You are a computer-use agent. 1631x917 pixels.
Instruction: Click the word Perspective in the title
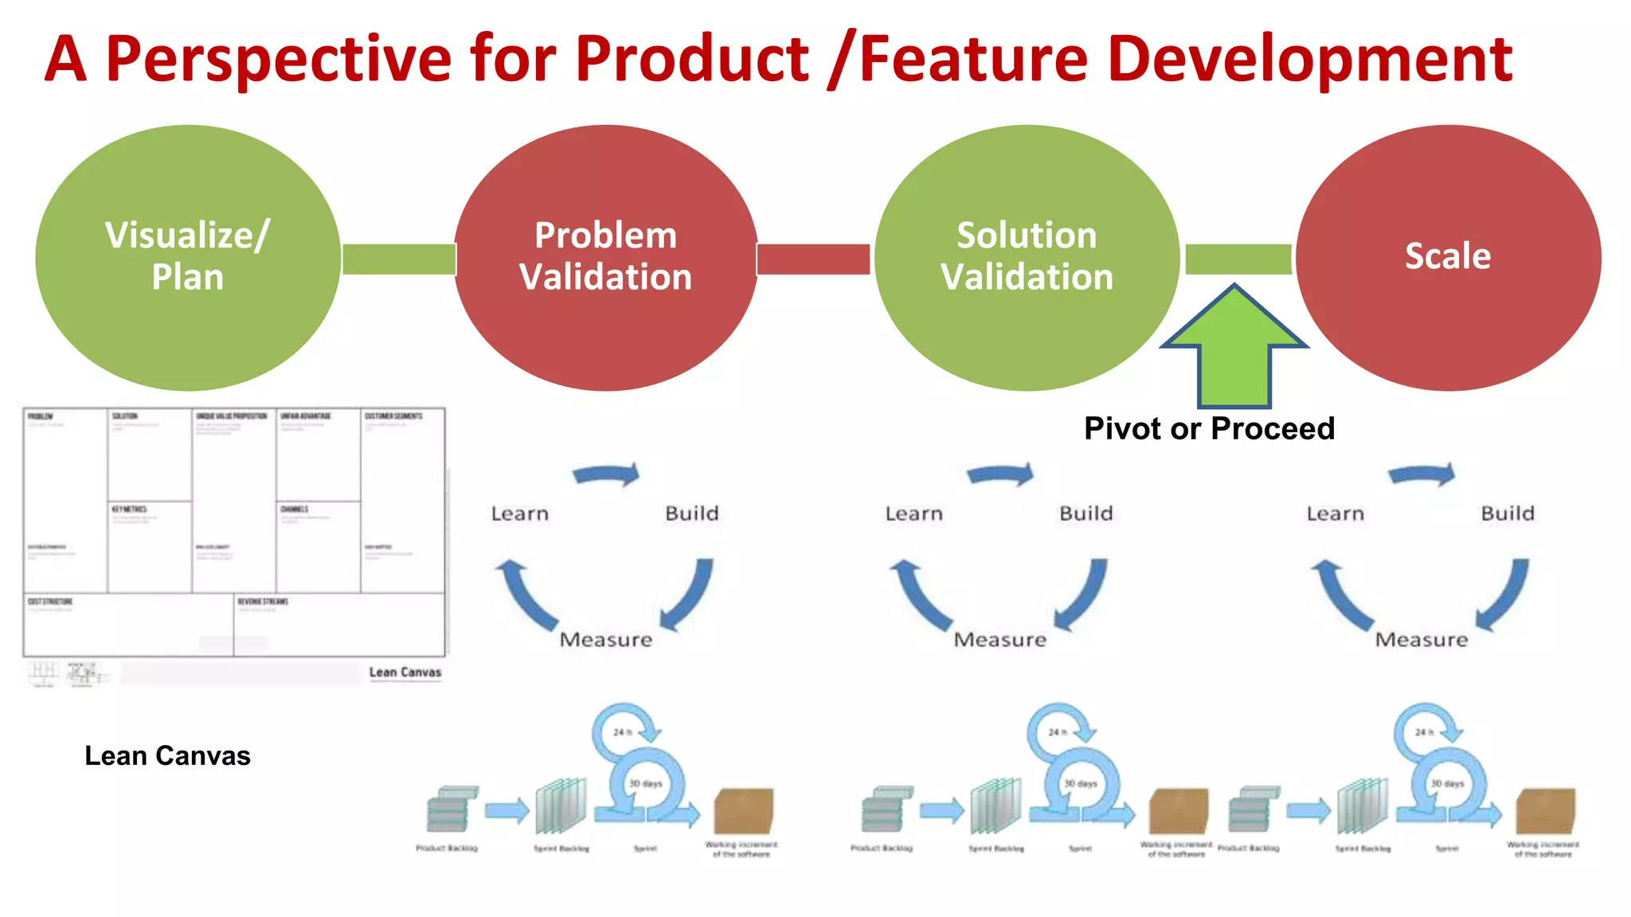tap(279, 60)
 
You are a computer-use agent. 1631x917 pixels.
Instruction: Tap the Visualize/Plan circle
tap(188, 256)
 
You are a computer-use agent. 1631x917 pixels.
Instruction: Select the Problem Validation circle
tap(605, 256)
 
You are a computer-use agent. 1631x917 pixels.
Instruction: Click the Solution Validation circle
tap(1027, 256)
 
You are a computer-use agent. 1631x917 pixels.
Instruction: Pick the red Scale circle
tap(1448, 256)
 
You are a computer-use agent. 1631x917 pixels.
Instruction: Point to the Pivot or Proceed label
tap(1209, 428)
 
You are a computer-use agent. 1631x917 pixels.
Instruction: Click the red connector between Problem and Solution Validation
tap(813, 259)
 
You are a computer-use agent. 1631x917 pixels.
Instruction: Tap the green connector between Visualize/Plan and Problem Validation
tap(398, 259)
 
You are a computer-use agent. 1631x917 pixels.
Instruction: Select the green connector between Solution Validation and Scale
tap(1238, 259)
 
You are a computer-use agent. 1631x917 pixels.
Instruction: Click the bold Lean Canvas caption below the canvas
tap(167, 755)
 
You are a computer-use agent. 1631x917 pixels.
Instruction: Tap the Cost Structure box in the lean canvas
tap(127, 625)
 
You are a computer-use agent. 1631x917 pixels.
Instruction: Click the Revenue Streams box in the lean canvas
tap(338, 625)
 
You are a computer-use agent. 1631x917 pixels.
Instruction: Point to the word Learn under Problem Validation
tap(520, 513)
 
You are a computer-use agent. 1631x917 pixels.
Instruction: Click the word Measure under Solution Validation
tap(1000, 639)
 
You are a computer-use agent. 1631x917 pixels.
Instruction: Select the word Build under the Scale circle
tap(1508, 513)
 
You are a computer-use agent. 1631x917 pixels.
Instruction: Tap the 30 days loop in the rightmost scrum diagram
tap(1447, 784)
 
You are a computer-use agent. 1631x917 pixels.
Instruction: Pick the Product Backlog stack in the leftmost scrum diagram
tap(448, 810)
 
